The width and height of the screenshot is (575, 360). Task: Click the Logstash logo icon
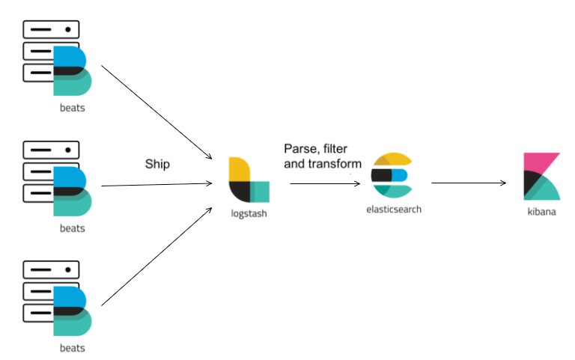tap(249, 180)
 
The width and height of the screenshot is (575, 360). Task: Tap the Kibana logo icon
tap(541, 177)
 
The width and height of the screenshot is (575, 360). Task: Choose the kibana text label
tap(541, 213)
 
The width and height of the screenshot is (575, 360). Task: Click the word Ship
tap(158, 163)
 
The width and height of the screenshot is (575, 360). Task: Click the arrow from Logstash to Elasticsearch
tap(317, 183)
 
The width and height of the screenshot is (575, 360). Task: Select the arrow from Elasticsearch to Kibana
tap(469, 182)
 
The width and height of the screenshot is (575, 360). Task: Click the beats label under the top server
tap(72, 107)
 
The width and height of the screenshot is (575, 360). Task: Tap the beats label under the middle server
tap(72, 228)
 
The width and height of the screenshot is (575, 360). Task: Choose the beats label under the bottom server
tap(72, 348)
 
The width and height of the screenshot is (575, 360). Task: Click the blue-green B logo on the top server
tap(72, 70)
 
